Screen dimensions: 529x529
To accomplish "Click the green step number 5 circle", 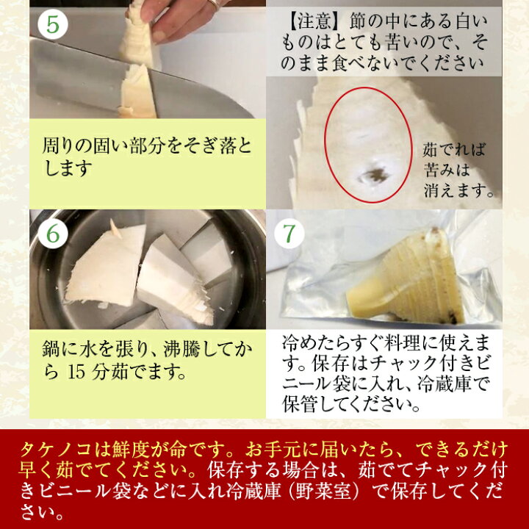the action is point(53,24).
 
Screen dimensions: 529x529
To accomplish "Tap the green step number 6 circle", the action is point(53,234).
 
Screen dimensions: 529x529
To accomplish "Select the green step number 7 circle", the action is point(289,234).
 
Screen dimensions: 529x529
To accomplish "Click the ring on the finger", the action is point(215,4).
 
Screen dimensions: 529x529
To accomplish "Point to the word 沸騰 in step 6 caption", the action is point(181,350).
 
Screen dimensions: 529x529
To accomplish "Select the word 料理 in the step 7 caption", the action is point(401,343).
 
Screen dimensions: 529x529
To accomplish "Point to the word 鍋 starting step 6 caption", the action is point(51,350).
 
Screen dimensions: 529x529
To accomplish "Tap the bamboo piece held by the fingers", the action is point(139,37).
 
